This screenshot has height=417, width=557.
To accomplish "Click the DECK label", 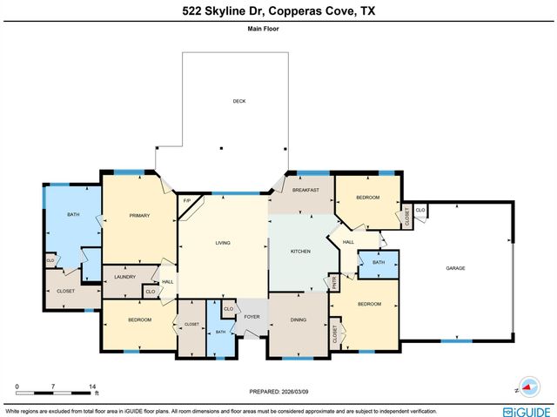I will (239, 101).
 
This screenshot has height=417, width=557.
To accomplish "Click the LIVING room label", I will (223, 243).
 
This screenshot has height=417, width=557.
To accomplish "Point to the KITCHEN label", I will (300, 251).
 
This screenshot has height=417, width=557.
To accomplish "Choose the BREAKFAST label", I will (305, 190).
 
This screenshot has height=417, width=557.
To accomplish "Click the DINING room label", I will (298, 319).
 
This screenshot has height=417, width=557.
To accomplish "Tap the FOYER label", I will (252, 317).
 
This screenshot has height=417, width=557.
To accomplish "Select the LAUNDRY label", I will (124, 278).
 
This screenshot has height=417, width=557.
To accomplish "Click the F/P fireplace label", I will (186, 203).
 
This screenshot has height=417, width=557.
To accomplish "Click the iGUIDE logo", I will (527, 410).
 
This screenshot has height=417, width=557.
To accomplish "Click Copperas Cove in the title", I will (312, 10).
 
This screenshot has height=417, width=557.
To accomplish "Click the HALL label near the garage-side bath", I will (348, 242).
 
